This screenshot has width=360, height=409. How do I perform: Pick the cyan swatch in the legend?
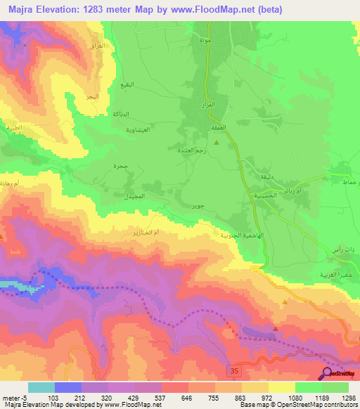tap(41, 387)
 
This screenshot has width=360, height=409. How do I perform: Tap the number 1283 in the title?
tap(107, 8)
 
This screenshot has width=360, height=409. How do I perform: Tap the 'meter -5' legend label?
tap(15, 398)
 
